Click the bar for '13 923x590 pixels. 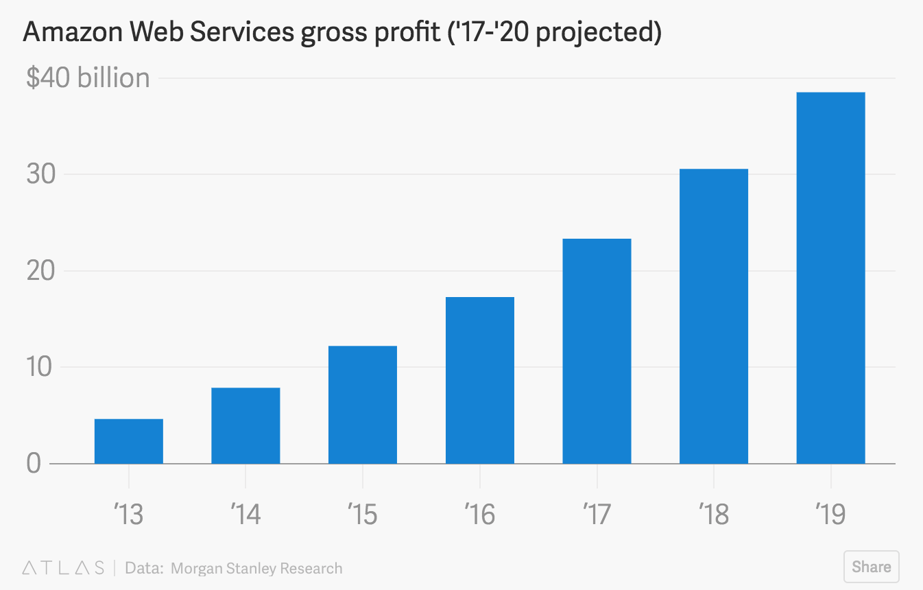[x=129, y=441]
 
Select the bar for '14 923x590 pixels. [x=245, y=425]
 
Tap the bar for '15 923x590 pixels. [x=363, y=405]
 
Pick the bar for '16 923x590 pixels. [x=480, y=380]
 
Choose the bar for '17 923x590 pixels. [x=597, y=351]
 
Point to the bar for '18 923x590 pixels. [x=714, y=316]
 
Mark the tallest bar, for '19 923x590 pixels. [x=830, y=278]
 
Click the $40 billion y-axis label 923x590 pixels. [x=88, y=78]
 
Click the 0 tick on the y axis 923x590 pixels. [x=34, y=464]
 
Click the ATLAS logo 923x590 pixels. [x=63, y=568]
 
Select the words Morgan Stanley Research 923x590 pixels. [x=256, y=568]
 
